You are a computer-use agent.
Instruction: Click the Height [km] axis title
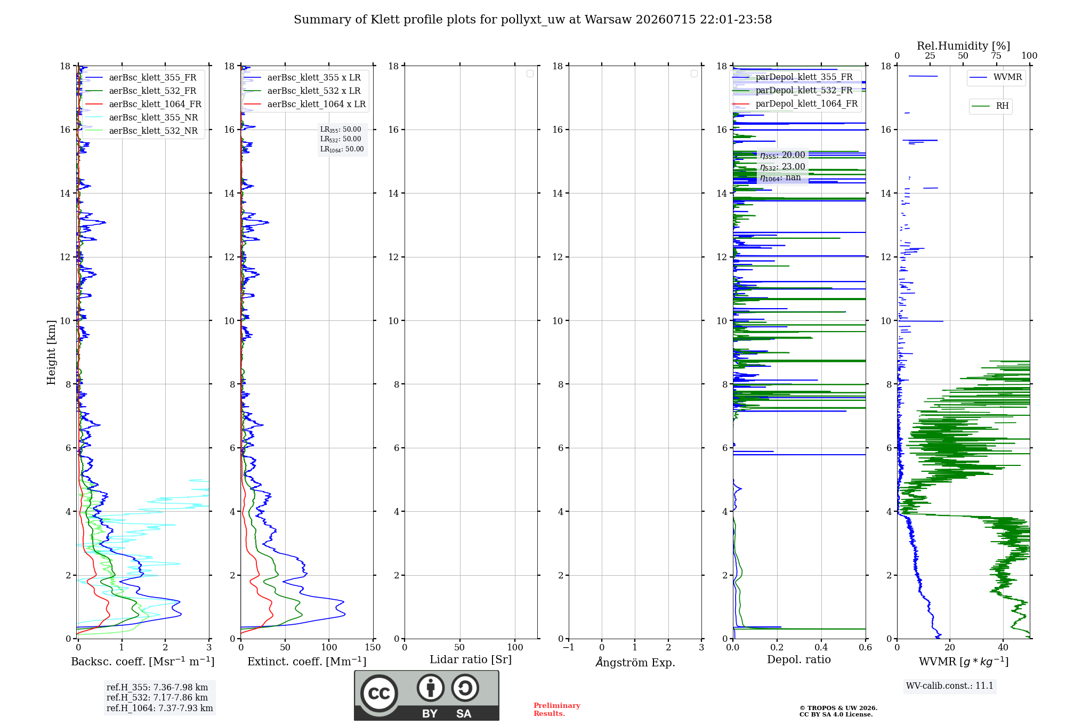coord(51,352)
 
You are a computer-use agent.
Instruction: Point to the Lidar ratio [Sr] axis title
coord(471,659)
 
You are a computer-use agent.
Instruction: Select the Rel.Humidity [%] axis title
coord(963,46)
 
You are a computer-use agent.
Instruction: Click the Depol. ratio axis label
coord(799,659)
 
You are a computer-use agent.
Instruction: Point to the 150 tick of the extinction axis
coord(373,647)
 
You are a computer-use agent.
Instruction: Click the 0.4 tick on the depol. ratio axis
coord(821,647)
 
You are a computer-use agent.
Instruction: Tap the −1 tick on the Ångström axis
coord(569,647)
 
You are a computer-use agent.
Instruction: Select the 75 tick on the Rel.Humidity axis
coord(996,55)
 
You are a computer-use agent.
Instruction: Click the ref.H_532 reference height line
coord(157,697)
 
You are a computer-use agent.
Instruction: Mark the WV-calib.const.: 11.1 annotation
coord(950,686)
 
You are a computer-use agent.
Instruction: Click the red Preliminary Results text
coord(557,710)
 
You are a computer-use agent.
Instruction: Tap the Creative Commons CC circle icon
coord(379,693)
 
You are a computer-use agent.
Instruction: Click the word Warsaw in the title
coord(608,20)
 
